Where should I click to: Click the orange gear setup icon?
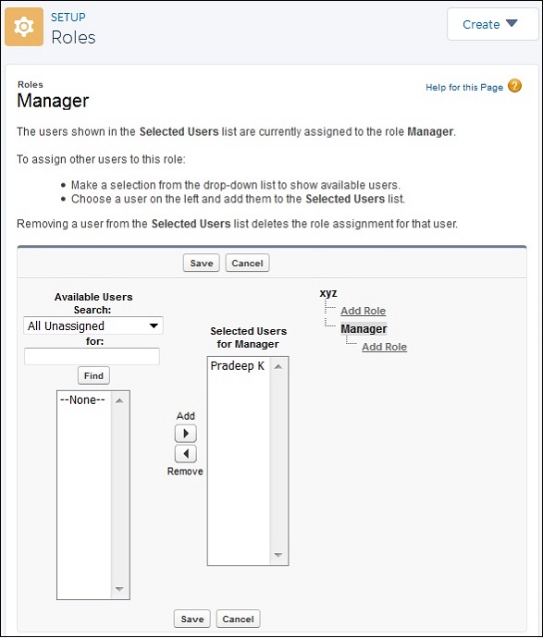pyautogui.click(x=24, y=27)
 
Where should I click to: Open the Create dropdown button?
pyautogui.click(x=492, y=24)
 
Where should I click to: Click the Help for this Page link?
pyautogui.click(x=464, y=88)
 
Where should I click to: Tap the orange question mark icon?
pyautogui.click(x=514, y=86)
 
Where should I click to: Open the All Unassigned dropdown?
pyautogui.click(x=93, y=325)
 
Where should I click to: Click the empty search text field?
pyautogui.click(x=92, y=356)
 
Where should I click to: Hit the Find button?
pyautogui.click(x=93, y=375)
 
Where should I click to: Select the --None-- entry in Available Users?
pyautogui.click(x=82, y=400)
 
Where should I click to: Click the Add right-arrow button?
pyautogui.click(x=186, y=434)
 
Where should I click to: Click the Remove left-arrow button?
pyautogui.click(x=186, y=454)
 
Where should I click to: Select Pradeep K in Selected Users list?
pyautogui.click(x=238, y=366)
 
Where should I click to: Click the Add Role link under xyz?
pyautogui.click(x=364, y=311)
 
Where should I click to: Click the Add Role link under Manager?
pyautogui.click(x=384, y=347)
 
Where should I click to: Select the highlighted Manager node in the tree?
pyautogui.click(x=364, y=329)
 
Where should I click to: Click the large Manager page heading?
pyautogui.click(x=53, y=101)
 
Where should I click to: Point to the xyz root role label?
pyautogui.click(x=328, y=293)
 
